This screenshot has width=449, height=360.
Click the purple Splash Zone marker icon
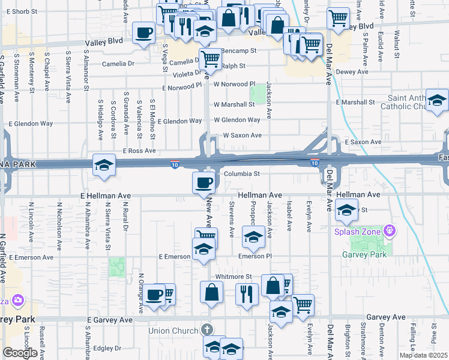click(390, 230)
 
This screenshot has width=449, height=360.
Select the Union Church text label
click(173, 331)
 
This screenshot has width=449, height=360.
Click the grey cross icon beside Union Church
click(206, 330)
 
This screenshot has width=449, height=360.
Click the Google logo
click(20, 353)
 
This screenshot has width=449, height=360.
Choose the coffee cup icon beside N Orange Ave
click(154, 294)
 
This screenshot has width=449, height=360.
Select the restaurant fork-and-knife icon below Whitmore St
click(247, 293)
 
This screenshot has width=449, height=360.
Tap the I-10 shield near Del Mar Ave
click(314, 163)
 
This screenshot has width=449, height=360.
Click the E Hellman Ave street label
click(105, 196)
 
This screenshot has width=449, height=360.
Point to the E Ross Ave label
click(139, 151)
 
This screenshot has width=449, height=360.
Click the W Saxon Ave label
click(242, 136)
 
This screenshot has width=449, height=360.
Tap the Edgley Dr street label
click(107, 348)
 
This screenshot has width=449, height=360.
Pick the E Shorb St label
click(23, 11)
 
